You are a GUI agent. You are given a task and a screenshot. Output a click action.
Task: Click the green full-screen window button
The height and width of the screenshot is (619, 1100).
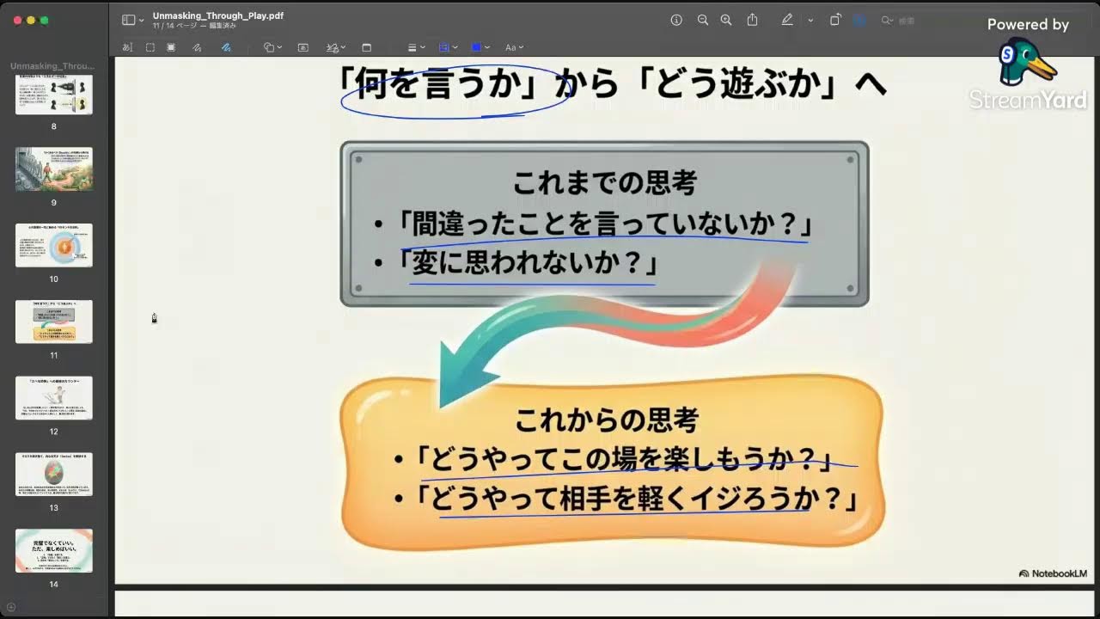[x=44, y=20]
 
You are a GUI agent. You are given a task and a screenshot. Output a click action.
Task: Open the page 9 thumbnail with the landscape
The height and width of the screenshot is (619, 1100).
[x=54, y=169]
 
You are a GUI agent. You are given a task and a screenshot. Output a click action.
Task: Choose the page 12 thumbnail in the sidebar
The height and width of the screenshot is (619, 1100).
[x=54, y=398]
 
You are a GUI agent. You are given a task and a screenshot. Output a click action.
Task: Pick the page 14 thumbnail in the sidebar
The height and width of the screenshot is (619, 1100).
[x=54, y=550]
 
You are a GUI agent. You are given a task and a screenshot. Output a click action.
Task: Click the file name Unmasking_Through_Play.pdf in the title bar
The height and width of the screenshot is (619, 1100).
[x=218, y=15]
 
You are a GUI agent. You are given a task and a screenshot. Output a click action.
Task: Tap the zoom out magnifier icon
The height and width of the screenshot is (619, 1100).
[x=703, y=21]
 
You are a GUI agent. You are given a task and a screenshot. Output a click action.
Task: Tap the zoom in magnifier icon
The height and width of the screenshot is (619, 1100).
[x=726, y=21]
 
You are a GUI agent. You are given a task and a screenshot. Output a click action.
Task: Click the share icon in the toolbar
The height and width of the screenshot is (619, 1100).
[x=753, y=21]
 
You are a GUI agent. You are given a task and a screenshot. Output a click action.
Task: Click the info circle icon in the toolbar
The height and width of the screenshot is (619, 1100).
[x=676, y=21]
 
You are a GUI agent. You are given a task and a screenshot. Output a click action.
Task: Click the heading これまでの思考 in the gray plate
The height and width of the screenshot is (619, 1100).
[x=604, y=183]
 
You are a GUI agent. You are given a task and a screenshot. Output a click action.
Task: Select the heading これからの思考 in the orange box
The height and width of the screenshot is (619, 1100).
[x=606, y=420]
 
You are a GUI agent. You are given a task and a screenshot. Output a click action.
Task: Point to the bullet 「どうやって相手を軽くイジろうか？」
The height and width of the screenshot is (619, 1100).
[x=636, y=499]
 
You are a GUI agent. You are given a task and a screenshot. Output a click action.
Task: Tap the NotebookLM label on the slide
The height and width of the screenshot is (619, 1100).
[x=1053, y=573]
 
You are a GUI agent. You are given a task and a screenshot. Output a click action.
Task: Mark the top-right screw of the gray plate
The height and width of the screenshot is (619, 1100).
[x=851, y=159]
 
